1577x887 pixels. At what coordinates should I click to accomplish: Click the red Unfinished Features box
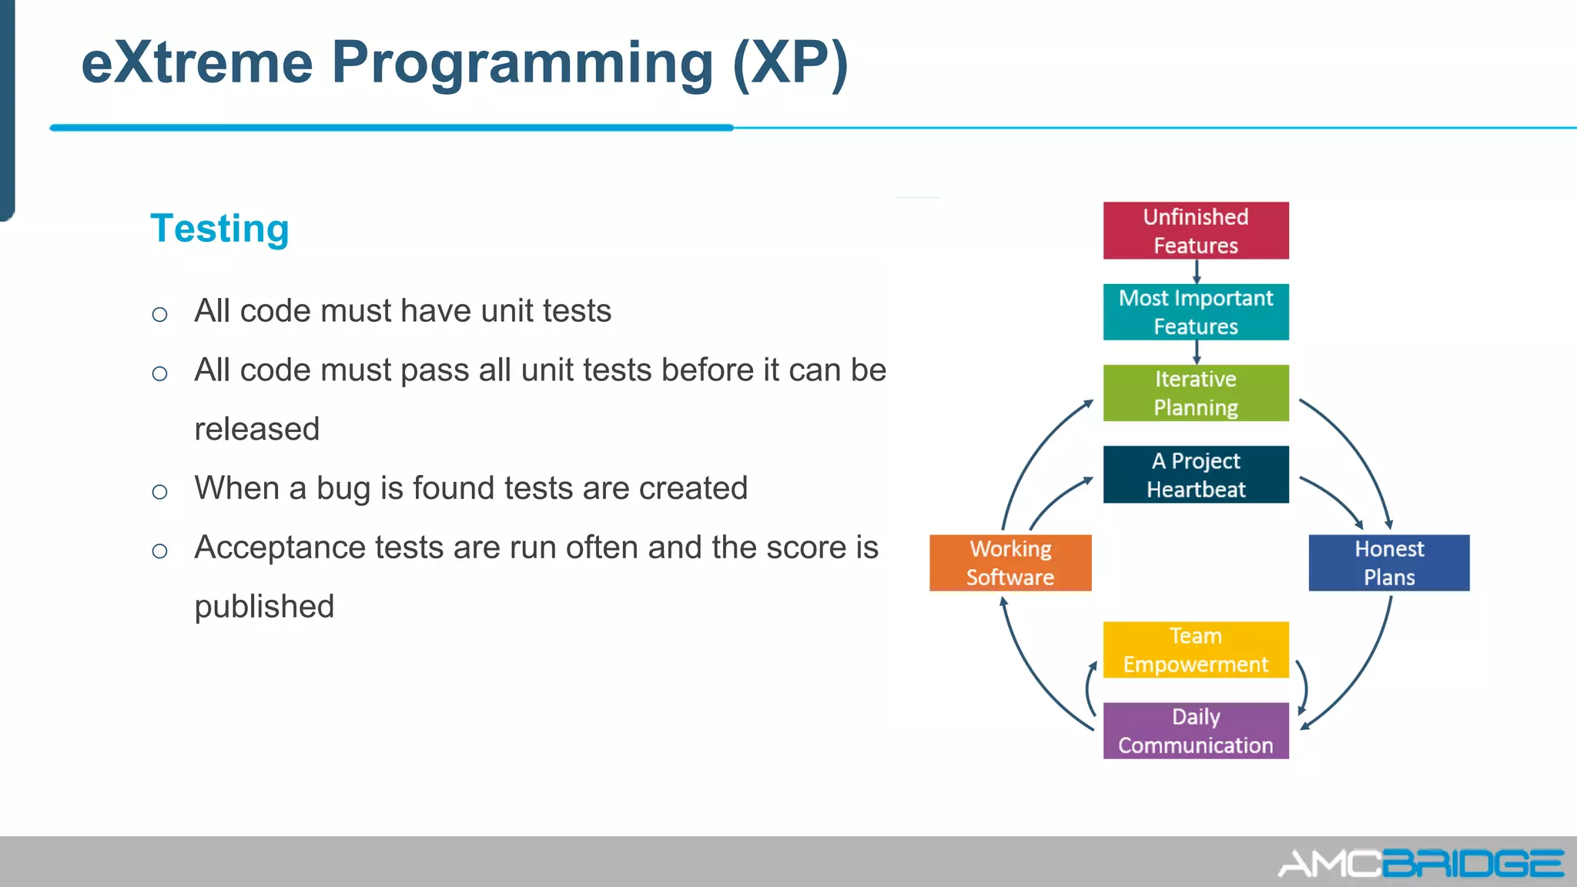point(1195,230)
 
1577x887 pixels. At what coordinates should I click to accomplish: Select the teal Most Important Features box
point(1195,312)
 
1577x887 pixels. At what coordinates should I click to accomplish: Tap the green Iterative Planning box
point(1195,393)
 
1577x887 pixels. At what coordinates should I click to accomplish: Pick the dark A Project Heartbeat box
point(1195,474)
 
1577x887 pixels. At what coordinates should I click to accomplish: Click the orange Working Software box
point(1010,563)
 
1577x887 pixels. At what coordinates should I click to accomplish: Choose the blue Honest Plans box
point(1388,563)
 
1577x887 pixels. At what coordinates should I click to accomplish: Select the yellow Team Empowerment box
point(1195,650)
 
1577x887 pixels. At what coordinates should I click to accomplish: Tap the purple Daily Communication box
point(1195,731)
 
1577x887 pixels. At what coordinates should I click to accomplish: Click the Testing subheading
point(219,229)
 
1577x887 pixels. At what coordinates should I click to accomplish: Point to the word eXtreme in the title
point(197,62)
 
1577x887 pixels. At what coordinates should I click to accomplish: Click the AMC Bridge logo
point(1420,863)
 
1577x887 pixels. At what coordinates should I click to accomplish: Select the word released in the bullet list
point(256,429)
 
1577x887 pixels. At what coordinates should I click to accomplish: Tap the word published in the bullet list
point(264,607)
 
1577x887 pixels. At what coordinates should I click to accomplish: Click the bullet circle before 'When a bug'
point(159,492)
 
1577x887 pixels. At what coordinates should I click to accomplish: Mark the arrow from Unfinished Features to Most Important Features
point(1196,272)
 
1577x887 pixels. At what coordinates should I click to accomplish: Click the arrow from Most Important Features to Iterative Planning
point(1196,353)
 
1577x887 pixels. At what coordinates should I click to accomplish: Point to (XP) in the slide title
point(790,62)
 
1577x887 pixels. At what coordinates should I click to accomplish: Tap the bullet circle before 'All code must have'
point(159,314)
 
